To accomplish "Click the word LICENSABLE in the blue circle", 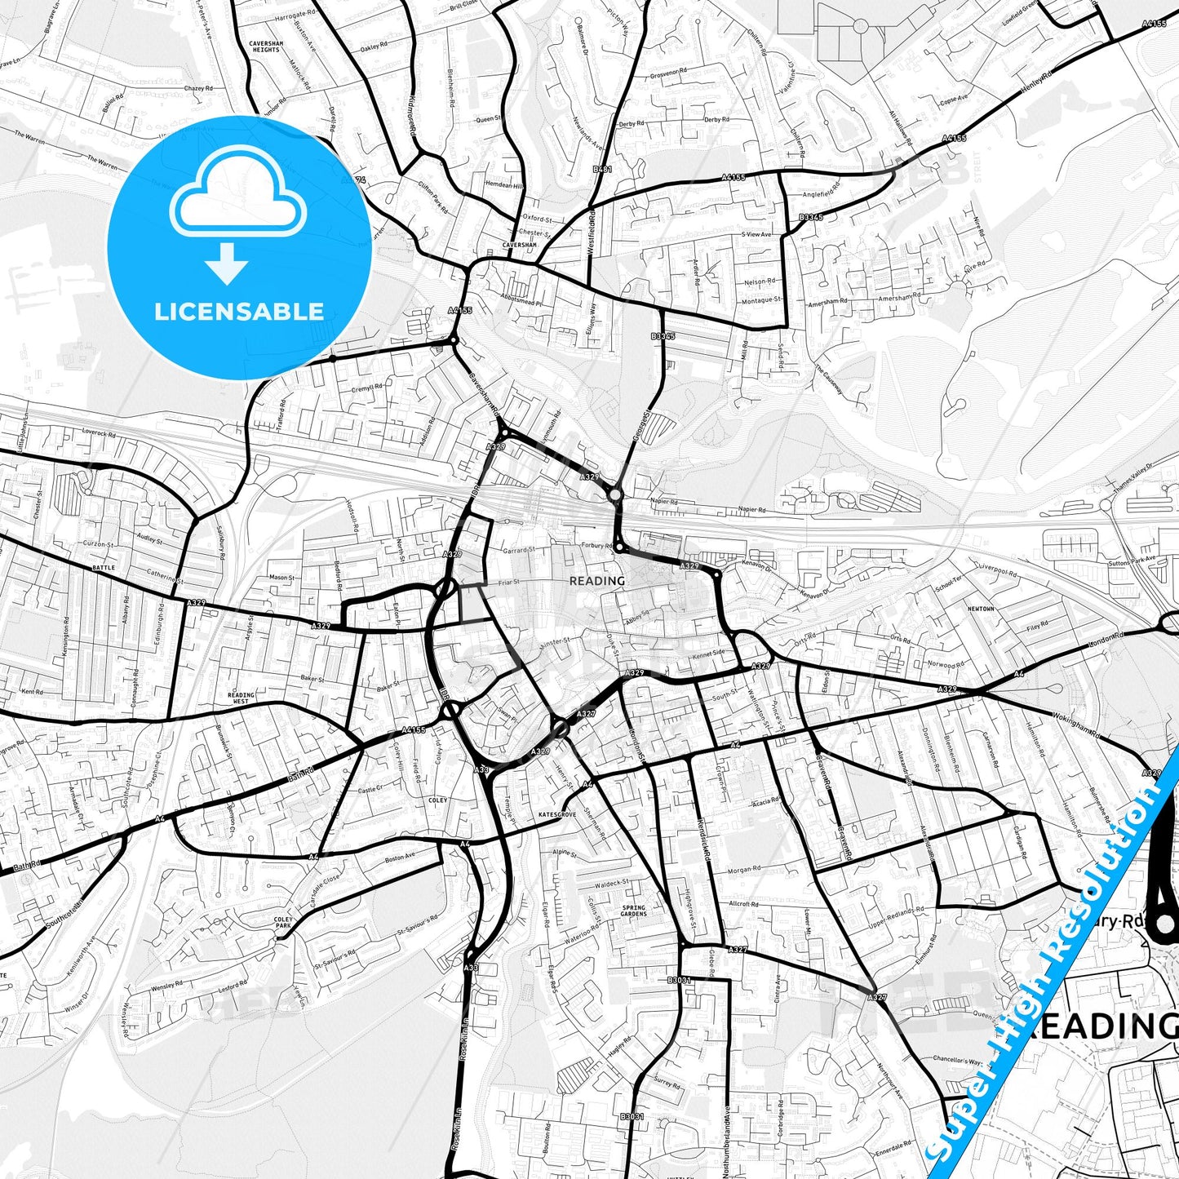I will pyautogui.click(x=239, y=311).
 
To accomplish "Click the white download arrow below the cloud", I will pyautogui.click(x=227, y=263).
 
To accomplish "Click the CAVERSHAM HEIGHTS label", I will pyautogui.click(x=264, y=47).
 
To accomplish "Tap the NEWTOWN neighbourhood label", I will pyautogui.click(x=981, y=609).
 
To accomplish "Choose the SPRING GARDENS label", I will pyautogui.click(x=633, y=911).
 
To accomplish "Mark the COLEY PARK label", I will pyautogui.click(x=283, y=922).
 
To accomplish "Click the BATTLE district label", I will pyautogui.click(x=104, y=567).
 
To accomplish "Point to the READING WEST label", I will pyautogui.click(x=241, y=698).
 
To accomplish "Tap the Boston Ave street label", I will pyautogui.click(x=400, y=857).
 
